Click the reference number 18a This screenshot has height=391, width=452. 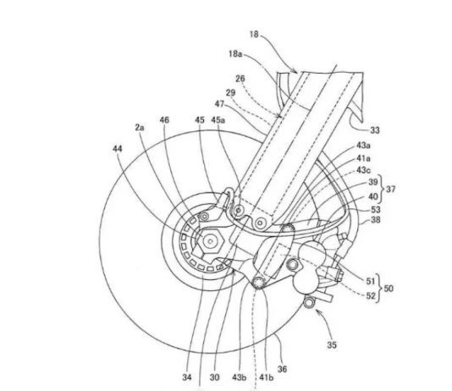(x=235, y=54)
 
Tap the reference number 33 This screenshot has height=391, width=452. (x=374, y=130)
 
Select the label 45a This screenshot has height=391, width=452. (x=218, y=120)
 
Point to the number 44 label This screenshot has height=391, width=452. (x=118, y=149)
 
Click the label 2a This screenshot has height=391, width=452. (x=140, y=127)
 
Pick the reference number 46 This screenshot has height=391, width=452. (x=164, y=120)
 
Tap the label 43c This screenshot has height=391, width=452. (x=363, y=170)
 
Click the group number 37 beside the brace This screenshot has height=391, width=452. (x=390, y=190)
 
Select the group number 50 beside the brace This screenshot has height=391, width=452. (x=389, y=288)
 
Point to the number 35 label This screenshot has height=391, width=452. (x=332, y=344)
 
